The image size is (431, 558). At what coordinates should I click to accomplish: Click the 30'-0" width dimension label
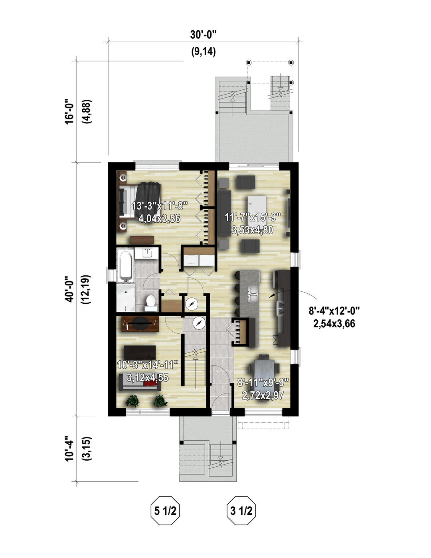(204, 35)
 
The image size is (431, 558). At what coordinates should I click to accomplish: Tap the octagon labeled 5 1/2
(165, 511)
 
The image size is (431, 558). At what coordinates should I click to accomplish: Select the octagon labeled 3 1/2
(241, 511)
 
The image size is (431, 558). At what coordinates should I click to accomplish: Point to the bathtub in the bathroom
(126, 265)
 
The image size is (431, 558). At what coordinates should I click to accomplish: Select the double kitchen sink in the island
(253, 294)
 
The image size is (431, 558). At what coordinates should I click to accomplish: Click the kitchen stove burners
(280, 308)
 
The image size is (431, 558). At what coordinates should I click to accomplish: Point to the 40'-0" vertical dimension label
(69, 289)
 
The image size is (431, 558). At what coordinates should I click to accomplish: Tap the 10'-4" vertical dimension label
(69, 449)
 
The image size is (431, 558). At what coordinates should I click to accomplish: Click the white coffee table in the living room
(257, 205)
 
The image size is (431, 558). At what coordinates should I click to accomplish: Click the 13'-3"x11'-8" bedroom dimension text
(160, 206)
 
